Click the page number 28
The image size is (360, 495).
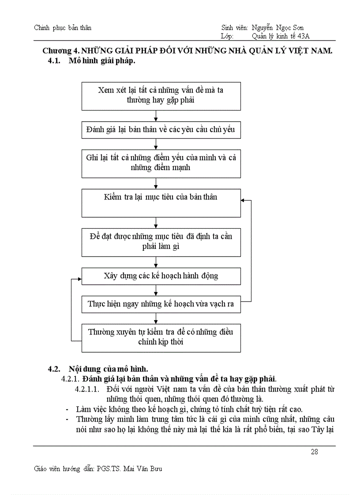coord(315,451)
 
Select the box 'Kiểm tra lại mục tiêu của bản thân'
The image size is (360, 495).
coord(161,203)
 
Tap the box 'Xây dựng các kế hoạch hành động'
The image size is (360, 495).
coord(161,276)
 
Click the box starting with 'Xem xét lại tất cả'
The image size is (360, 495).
coord(161,95)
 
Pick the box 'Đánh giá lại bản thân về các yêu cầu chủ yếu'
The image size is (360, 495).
coord(161,130)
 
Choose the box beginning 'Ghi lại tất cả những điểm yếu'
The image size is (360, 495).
coord(161,163)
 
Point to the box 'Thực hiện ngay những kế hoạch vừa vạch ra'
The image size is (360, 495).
coord(161,304)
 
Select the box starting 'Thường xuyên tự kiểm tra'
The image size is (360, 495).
coord(161,338)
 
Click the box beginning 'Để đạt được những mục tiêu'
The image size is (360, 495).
coord(161,242)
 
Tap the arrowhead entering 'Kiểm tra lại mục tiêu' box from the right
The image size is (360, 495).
coord(243,200)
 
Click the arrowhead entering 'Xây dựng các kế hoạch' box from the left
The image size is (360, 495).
coord(79,279)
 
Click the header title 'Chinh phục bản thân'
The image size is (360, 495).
coord(63,28)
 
